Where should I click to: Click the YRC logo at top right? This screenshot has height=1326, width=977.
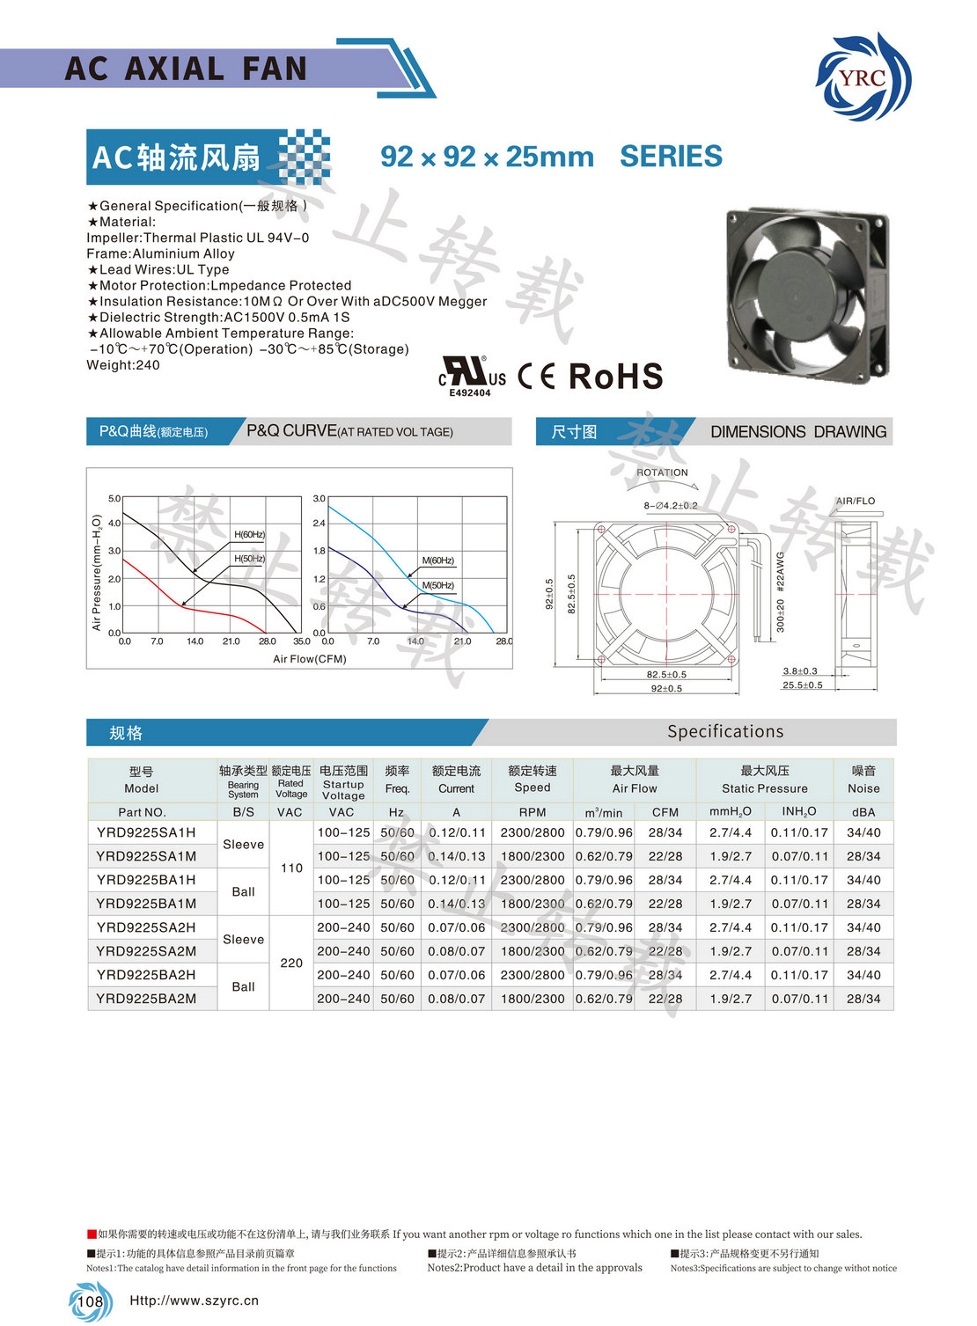pos(863,77)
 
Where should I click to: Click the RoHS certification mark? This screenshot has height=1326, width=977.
pos(615,377)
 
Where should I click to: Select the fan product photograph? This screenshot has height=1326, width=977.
pos(808,294)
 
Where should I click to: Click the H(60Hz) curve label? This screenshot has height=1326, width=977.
pos(249,535)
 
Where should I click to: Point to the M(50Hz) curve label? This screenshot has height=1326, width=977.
pos(437,585)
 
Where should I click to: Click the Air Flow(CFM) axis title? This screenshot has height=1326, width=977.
pos(309,659)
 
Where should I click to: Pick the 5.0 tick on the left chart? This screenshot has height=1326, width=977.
pos(114,499)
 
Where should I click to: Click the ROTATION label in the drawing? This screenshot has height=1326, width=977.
pos(662,473)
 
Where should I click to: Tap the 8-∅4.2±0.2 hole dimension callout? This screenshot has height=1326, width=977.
pos(670,506)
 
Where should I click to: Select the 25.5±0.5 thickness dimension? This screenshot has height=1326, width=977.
pos(802,685)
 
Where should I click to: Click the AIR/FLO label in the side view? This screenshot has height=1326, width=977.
pos(856,501)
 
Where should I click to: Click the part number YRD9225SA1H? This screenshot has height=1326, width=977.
pos(146,832)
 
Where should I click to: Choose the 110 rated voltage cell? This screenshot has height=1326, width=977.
pos(291,868)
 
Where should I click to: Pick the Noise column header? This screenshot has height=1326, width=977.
pos(863,780)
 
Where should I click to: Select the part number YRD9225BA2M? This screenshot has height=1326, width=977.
pos(146,999)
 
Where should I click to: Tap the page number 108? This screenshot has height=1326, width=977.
pos(90,1301)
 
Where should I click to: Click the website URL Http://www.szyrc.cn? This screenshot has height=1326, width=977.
pos(194,1300)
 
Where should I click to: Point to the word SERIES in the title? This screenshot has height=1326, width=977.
pos(671,157)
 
